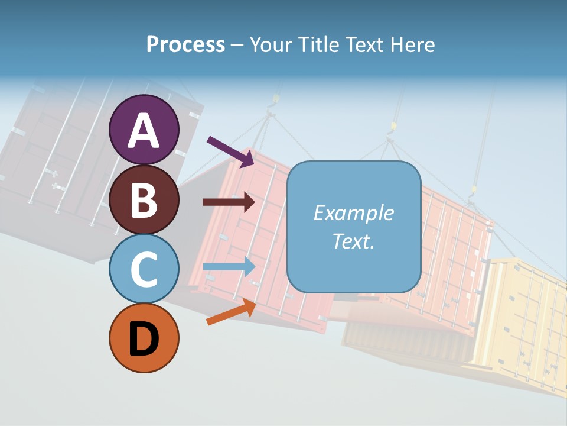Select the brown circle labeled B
tap(144, 199)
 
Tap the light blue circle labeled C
tap(144, 269)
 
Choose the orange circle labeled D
tap(144, 338)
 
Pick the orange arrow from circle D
tap(231, 312)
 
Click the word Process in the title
tap(185, 44)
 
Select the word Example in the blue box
tap(353, 213)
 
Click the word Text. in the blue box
tap(353, 241)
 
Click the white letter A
tap(144, 130)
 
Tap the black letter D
tap(144, 340)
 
